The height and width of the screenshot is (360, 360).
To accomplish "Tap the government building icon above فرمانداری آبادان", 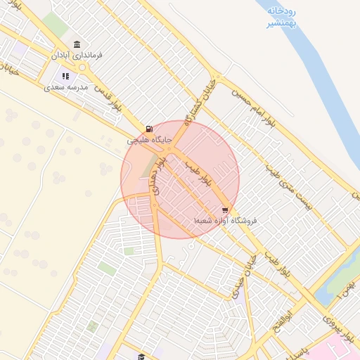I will [77, 44].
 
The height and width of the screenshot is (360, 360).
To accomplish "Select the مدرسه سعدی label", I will [65, 87].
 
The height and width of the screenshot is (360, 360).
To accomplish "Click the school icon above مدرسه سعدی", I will [65, 77].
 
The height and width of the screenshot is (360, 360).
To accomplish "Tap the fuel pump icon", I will [148, 129].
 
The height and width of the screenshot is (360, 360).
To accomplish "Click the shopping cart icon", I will [225, 210].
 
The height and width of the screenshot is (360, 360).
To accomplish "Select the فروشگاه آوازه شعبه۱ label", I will [226, 221].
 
